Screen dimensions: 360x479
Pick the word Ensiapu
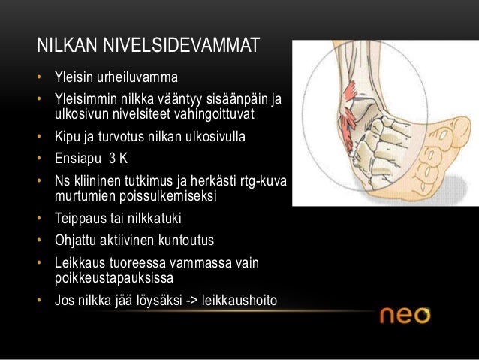76,159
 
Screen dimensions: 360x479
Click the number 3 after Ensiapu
111,159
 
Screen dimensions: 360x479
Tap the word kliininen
98,181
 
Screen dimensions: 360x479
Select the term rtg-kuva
264,181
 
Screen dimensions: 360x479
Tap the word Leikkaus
79,264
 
